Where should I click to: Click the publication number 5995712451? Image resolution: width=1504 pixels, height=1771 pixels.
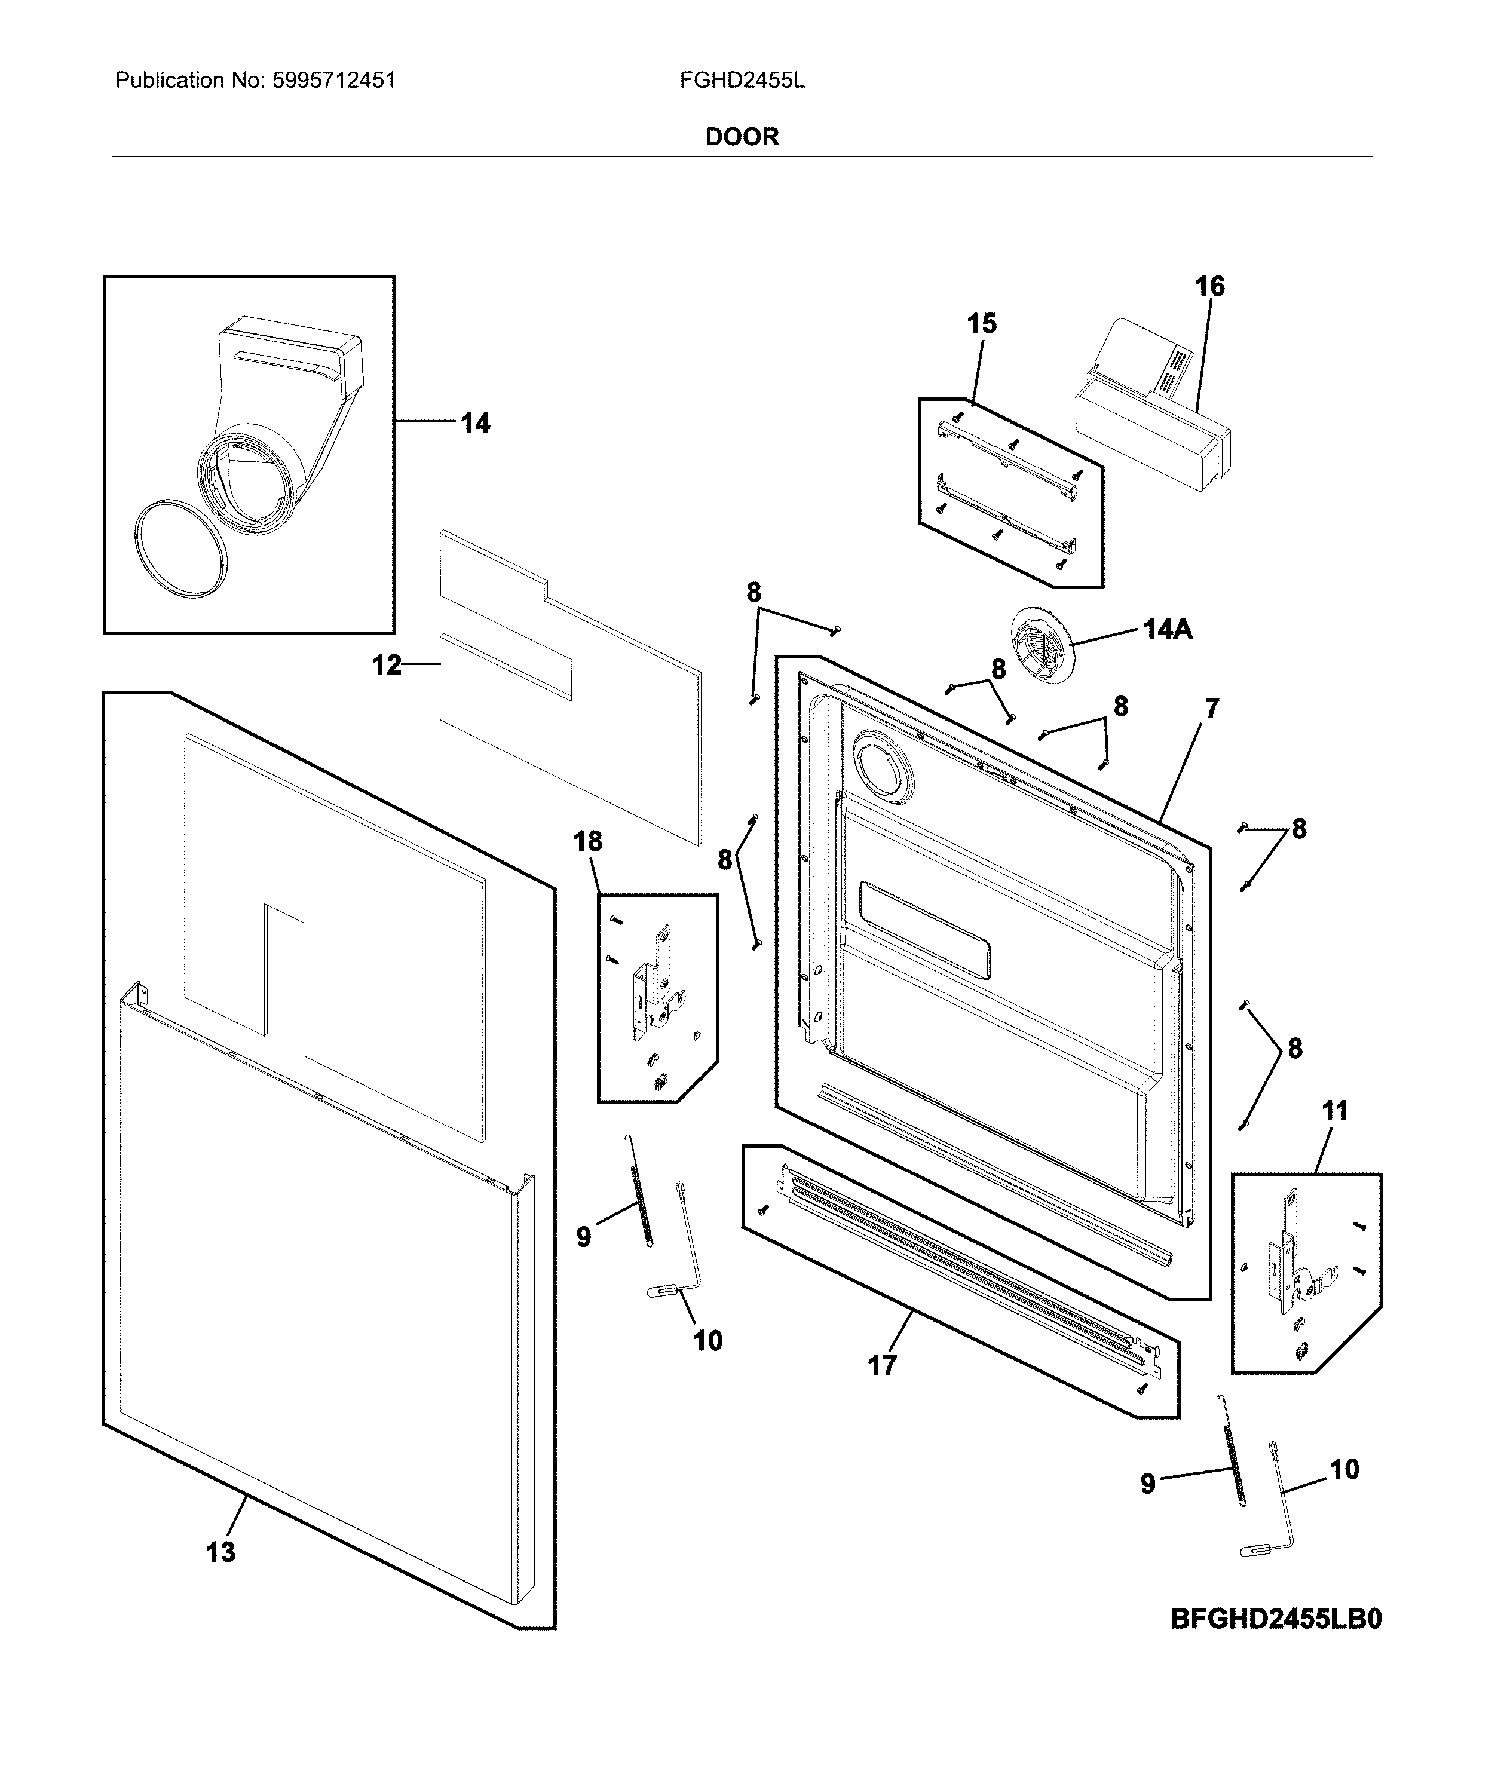tap(333, 81)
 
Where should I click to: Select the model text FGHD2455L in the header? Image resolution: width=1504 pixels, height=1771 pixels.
tap(742, 81)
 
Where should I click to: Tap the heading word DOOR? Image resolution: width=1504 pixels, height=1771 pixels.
tap(742, 137)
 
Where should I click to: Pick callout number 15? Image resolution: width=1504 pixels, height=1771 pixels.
tap(981, 324)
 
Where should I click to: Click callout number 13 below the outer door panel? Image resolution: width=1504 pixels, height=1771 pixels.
tap(221, 1552)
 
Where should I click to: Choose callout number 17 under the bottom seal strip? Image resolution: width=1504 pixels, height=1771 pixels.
tap(883, 1365)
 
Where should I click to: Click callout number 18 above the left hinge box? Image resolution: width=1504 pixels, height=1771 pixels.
tap(587, 842)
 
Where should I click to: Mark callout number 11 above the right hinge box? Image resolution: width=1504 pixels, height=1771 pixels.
tap(1335, 1110)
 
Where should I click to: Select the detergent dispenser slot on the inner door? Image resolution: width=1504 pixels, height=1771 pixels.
tap(925, 929)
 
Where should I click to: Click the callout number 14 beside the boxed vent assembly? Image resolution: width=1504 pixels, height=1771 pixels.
tap(475, 423)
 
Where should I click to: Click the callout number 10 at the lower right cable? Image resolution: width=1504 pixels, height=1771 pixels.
tap(1344, 1469)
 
